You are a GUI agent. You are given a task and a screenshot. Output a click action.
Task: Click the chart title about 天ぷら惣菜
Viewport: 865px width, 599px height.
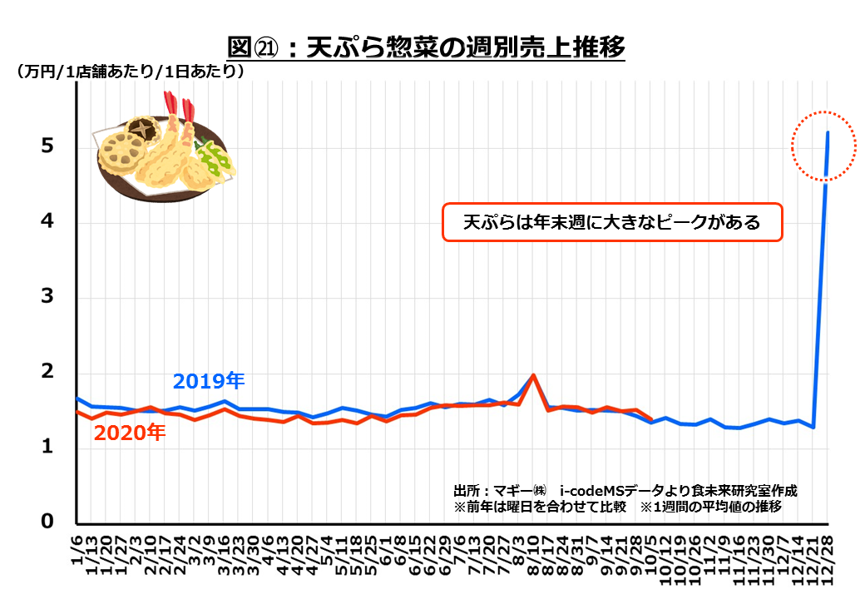(x=425, y=47)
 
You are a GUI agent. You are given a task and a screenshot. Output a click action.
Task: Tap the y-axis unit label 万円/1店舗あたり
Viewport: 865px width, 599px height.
(x=130, y=72)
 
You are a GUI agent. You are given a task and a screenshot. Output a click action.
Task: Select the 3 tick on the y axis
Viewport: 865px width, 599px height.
(x=48, y=297)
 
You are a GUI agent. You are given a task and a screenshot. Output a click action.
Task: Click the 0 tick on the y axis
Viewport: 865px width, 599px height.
(x=48, y=522)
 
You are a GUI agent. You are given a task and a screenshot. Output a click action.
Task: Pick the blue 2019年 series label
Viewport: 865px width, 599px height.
(x=209, y=381)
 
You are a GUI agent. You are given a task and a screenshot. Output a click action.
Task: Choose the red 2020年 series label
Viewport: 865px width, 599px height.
(x=129, y=433)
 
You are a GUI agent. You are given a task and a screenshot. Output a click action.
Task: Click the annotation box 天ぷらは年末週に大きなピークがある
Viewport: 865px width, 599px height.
(x=611, y=223)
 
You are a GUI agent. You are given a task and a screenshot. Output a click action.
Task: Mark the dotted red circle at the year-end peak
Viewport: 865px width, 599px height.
(x=823, y=145)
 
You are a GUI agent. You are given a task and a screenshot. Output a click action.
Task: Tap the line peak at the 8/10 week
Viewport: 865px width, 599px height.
(x=533, y=375)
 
